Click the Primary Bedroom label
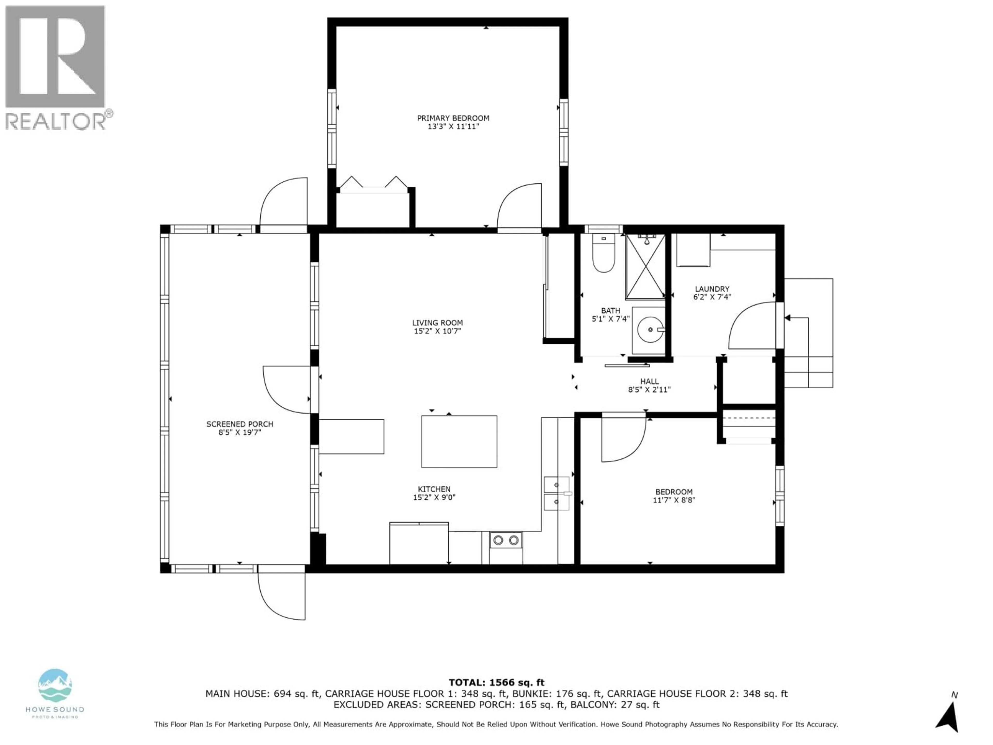453,118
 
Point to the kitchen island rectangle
459,441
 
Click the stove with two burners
506,540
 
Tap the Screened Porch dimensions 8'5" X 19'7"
240,433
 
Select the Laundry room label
712,289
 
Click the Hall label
649,381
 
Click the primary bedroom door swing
516,209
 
